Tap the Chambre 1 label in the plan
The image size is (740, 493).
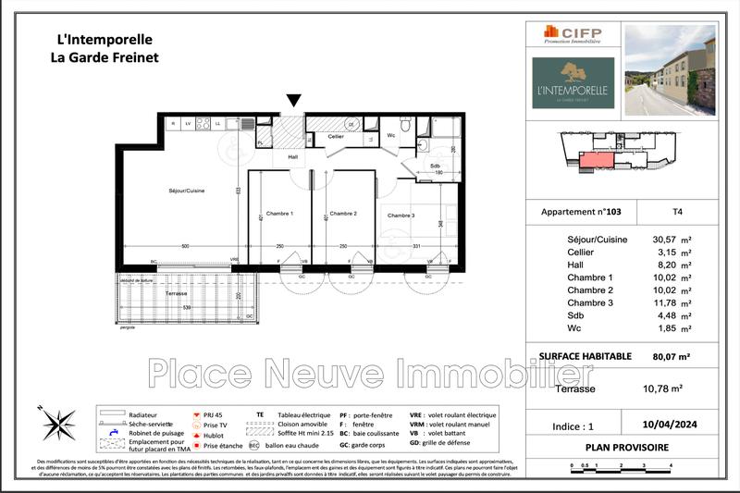[x=279, y=214]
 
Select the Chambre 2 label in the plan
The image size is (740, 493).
[x=343, y=214]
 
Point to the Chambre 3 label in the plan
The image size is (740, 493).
[x=401, y=216]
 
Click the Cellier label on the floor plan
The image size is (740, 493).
[x=336, y=137]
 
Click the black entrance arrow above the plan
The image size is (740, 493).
[x=294, y=101]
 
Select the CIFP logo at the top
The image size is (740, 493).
[x=573, y=34]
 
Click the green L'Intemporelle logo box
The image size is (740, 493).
[x=573, y=83]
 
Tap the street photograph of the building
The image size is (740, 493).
[x=670, y=69]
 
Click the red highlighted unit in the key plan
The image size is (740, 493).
[x=597, y=160]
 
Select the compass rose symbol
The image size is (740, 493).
[x=58, y=423]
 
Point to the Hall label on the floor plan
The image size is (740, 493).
[x=292, y=157]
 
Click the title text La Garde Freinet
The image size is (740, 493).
[x=104, y=57]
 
